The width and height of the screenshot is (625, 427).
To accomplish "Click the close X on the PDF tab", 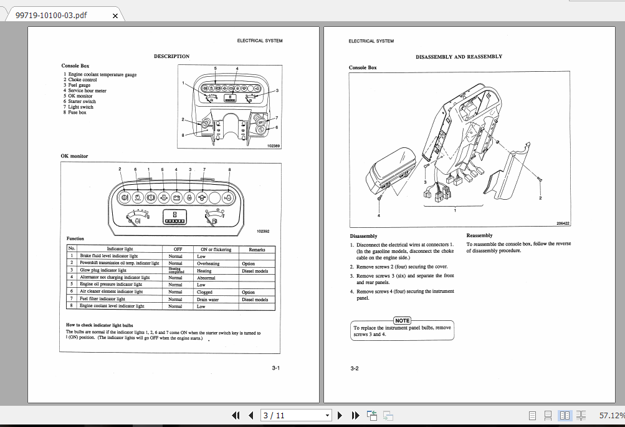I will coord(115,15).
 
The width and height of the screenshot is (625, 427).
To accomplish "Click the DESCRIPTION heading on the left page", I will coord(171,56).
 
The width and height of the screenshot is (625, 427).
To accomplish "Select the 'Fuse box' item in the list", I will coord(78,112).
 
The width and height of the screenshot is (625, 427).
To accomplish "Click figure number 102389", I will coord(274,145).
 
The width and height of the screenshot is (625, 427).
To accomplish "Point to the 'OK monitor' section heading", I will coord(74,156).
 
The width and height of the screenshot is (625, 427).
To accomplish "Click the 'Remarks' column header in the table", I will coord(257,249).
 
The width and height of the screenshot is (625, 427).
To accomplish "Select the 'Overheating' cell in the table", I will coord(208,263).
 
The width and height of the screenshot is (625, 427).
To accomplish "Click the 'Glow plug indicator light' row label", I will coord(102,270).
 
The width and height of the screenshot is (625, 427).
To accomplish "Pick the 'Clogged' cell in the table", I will coord(204,292).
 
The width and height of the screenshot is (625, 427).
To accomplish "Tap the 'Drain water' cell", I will coord(209,299).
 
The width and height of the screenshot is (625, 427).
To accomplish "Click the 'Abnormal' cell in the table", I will coord(206,278).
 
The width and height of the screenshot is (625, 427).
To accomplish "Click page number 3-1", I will coord(275,368).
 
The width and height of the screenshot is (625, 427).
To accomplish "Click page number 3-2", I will coord(354,368).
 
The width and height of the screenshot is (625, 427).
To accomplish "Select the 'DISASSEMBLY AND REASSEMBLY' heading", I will coord(459,56).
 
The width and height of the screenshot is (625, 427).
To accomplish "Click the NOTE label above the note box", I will coord(403,320).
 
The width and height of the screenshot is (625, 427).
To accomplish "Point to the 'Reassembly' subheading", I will coord(479,235).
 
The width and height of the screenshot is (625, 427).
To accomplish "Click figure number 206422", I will coord(563,223).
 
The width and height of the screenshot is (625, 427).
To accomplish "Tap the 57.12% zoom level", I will coord(611,415).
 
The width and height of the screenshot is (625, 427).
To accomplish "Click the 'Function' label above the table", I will coord(75,238).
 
